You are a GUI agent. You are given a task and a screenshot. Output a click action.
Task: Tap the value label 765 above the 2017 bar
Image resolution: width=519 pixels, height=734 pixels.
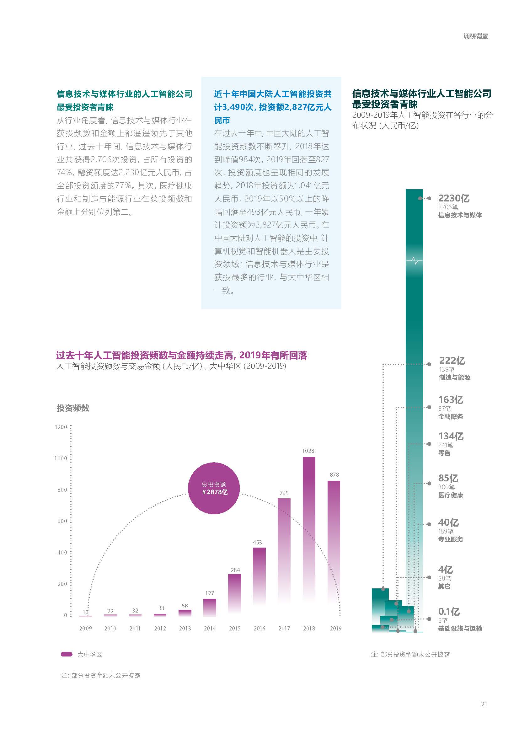[284, 493]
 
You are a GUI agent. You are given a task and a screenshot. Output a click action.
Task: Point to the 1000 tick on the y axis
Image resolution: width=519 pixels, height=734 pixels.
[61, 458]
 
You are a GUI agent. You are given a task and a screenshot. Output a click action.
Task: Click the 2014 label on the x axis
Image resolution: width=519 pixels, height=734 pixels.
[210, 628]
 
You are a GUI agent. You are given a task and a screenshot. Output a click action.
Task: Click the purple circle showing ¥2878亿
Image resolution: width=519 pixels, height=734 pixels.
[214, 488]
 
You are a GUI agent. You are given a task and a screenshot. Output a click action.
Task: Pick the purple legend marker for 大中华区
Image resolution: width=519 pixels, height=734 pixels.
[67, 654]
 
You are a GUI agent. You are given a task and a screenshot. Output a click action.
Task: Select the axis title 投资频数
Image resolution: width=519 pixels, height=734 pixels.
[73, 408]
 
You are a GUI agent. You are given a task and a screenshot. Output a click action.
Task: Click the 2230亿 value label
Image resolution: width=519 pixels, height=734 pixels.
[454, 198]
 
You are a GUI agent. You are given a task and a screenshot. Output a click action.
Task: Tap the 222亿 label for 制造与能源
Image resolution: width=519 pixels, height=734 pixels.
[452, 361]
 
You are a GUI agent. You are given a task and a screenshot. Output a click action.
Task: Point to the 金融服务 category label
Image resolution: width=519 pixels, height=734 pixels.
[451, 416]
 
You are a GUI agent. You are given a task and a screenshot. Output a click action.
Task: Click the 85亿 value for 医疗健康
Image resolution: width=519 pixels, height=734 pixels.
[448, 478]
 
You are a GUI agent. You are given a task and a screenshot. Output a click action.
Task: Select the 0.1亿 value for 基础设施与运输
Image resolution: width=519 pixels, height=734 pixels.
[449, 612]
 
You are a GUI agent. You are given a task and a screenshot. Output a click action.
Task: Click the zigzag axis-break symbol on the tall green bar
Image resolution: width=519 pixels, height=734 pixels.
[415, 260]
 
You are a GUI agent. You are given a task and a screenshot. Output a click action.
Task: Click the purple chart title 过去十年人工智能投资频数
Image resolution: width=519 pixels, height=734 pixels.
[181, 355]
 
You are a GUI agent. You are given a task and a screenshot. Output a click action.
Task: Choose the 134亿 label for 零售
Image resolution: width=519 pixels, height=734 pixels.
[451, 436]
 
